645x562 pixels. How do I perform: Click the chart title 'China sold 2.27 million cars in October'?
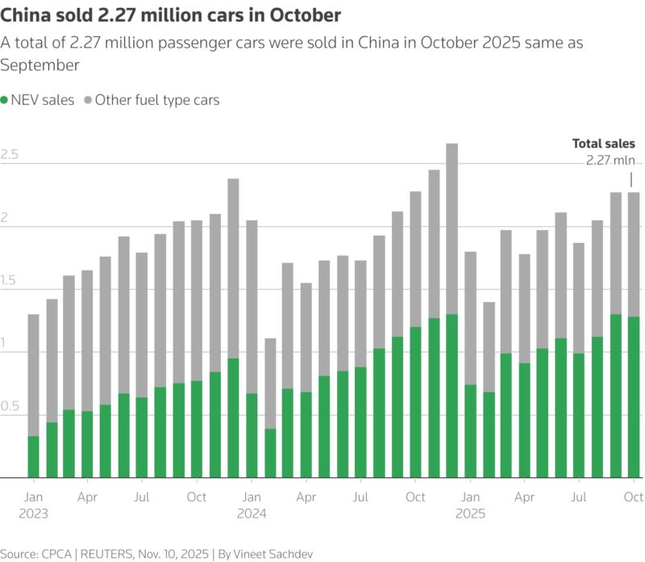pos(171,15)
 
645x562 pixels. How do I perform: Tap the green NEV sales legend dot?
pos(6,100)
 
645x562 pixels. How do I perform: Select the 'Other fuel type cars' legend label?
pos(157,100)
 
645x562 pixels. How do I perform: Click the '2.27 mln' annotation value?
pos(610,160)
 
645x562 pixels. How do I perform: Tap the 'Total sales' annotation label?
pos(604,143)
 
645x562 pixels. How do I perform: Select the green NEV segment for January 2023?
pos(33,456)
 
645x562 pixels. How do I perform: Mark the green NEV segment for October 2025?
pos(635,396)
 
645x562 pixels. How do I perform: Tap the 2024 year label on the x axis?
pos(252,514)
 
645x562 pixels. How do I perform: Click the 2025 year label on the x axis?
pos(471,514)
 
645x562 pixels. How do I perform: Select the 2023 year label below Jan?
pos(33,514)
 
